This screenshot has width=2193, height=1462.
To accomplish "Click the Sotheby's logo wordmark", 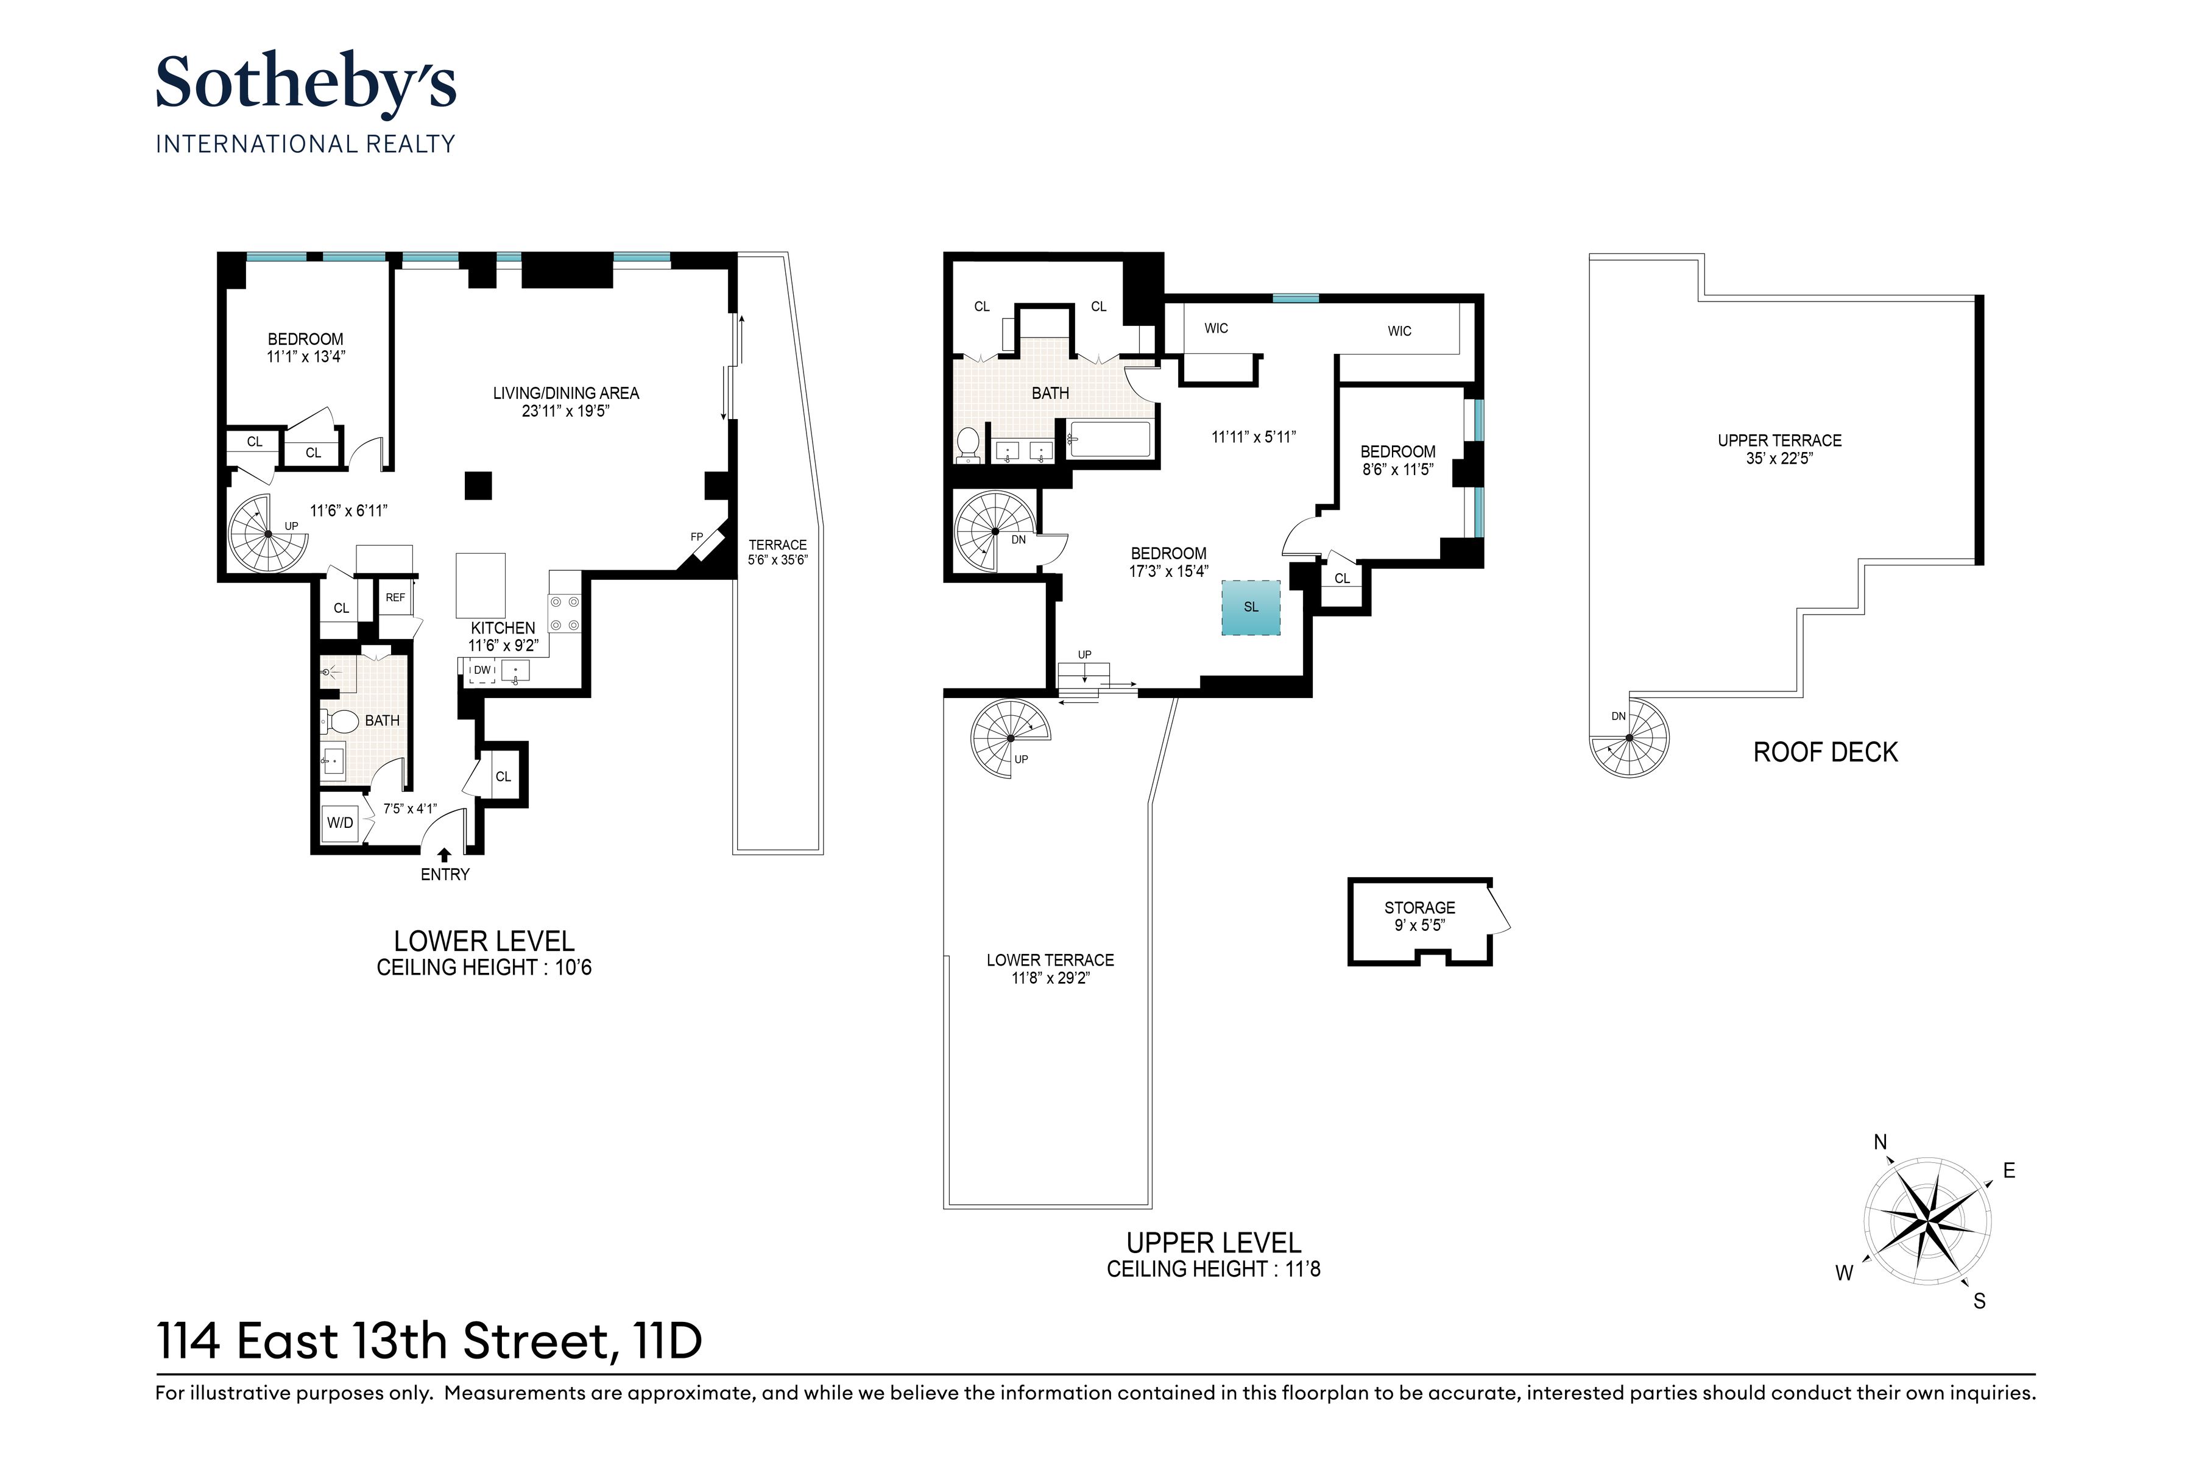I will click(x=305, y=84).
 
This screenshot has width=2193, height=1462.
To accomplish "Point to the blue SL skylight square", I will click(x=1251, y=607).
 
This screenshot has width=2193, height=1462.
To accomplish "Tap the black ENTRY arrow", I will click(x=445, y=854).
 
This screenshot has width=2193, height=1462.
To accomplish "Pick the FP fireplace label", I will click(x=696, y=537).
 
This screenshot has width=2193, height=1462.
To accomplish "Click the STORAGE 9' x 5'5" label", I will click(x=1419, y=916).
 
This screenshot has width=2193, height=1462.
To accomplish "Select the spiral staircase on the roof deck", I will click(x=1630, y=738).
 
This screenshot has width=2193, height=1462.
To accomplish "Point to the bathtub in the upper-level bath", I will click(x=1109, y=439).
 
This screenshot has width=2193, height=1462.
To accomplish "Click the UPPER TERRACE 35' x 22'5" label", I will click(x=1779, y=448).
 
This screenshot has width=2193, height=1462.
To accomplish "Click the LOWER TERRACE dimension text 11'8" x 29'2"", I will click(x=1050, y=978).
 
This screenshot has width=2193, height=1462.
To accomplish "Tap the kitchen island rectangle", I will click(x=480, y=585).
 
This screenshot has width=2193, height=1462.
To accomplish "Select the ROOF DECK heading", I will click(x=1824, y=752).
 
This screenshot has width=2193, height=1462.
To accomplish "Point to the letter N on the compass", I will click(x=1880, y=1142).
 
